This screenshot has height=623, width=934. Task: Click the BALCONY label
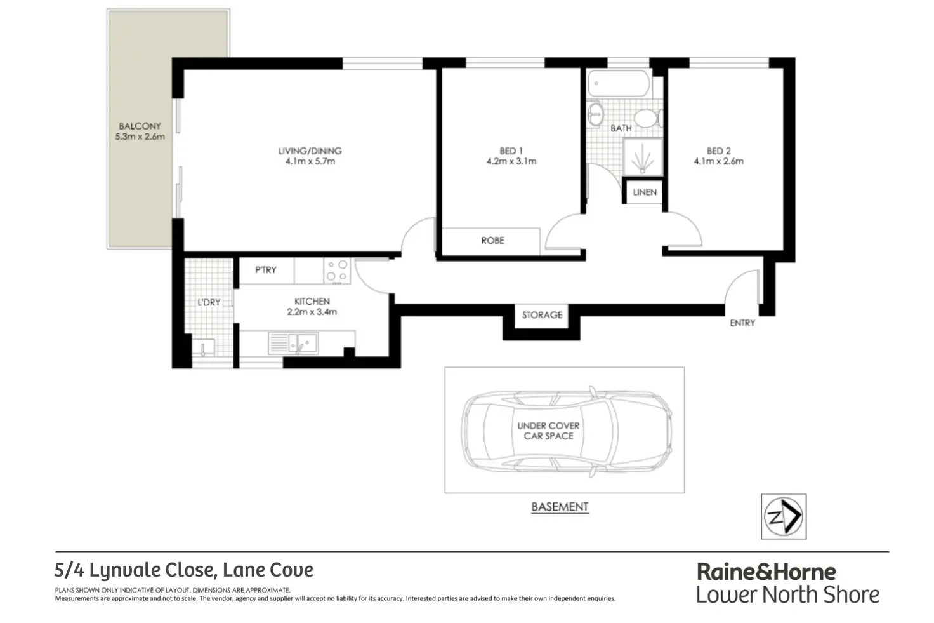coord(140,126)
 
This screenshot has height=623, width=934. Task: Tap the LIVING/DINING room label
coord(310,151)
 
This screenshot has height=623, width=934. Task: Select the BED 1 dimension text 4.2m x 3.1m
coord(511,161)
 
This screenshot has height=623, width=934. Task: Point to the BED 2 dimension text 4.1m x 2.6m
coord(718,161)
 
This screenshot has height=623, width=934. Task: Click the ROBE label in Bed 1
coord(492,240)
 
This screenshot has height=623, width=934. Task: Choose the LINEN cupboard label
coord(644,192)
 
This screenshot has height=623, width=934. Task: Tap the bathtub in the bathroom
coord(619,83)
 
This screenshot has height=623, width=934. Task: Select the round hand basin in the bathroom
coord(595,115)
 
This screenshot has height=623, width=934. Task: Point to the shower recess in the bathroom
coord(642,157)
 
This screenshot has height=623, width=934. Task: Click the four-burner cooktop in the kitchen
coord(336,271)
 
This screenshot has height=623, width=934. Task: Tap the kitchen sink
coord(302,344)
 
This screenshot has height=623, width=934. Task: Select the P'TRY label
coord(266,270)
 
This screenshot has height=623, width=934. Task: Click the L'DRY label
coord(209,302)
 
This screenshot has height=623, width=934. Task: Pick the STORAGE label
coord(542,315)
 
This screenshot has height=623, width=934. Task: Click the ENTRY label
coord(742,323)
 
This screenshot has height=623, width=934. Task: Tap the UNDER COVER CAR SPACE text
coord(548,431)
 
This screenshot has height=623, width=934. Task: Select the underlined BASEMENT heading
coord(560,507)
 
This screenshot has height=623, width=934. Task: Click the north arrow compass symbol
coord(784,516)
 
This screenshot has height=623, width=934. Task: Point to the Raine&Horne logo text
coord(766,572)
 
